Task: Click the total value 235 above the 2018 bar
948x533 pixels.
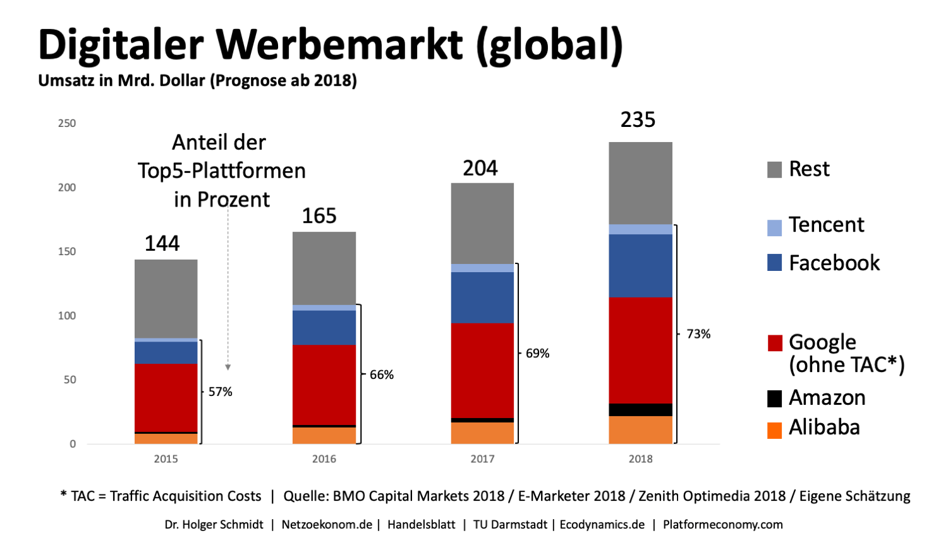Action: click(x=638, y=119)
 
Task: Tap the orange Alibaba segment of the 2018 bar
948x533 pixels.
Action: click(x=640, y=429)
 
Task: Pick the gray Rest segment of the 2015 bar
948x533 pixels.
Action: click(x=166, y=298)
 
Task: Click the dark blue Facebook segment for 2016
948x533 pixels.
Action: click(x=324, y=327)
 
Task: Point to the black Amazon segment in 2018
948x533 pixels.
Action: click(x=640, y=410)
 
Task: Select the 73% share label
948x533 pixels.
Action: click(x=698, y=334)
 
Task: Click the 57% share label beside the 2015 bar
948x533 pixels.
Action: click(x=221, y=392)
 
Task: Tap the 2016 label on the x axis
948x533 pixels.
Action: click(x=324, y=459)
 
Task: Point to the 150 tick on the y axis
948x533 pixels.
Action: click(x=67, y=251)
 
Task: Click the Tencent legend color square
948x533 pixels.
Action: click(x=774, y=228)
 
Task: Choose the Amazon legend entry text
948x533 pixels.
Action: click(x=827, y=398)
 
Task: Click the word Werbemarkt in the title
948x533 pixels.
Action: click(x=339, y=45)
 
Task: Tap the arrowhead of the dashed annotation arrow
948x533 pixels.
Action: click(x=228, y=368)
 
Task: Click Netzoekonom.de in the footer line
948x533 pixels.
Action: click(x=327, y=525)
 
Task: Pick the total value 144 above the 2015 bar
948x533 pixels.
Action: click(x=162, y=243)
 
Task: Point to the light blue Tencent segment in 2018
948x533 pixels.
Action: click(x=640, y=229)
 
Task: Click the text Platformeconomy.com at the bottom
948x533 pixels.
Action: click(x=722, y=525)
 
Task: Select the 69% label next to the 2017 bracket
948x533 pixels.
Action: click(x=537, y=354)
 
